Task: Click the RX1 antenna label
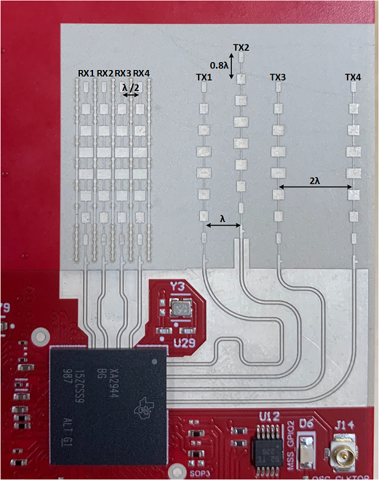pos(86,74)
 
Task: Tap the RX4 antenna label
pos(142,74)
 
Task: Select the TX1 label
pos(204,77)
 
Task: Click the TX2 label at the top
pos(242,47)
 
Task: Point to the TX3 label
pos(278,77)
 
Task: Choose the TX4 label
pos(353,77)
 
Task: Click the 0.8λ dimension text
pos(221,64)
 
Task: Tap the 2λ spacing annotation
pos(315,180)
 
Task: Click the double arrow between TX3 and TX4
pos(315,189)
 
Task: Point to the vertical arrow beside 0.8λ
pos(233,67)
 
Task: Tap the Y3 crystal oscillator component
pos(180,309)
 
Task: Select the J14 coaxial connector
pos(342,452)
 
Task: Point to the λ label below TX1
pos(223,217)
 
